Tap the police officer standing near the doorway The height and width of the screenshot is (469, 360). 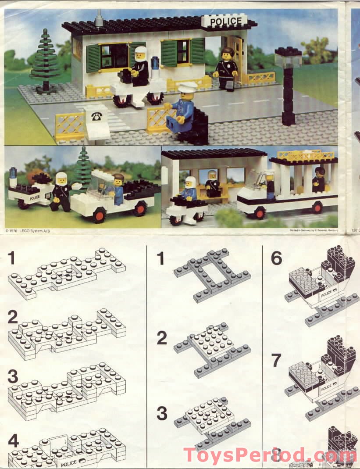point(227,68)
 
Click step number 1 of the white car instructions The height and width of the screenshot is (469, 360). point(12,259)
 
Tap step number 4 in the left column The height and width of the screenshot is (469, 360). point(13,441)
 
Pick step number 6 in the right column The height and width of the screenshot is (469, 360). point(276,258)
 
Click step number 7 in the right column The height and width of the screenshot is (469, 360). point(276,361)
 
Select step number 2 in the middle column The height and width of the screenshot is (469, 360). point(162,338)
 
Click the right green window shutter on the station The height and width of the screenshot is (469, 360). point(197,51)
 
